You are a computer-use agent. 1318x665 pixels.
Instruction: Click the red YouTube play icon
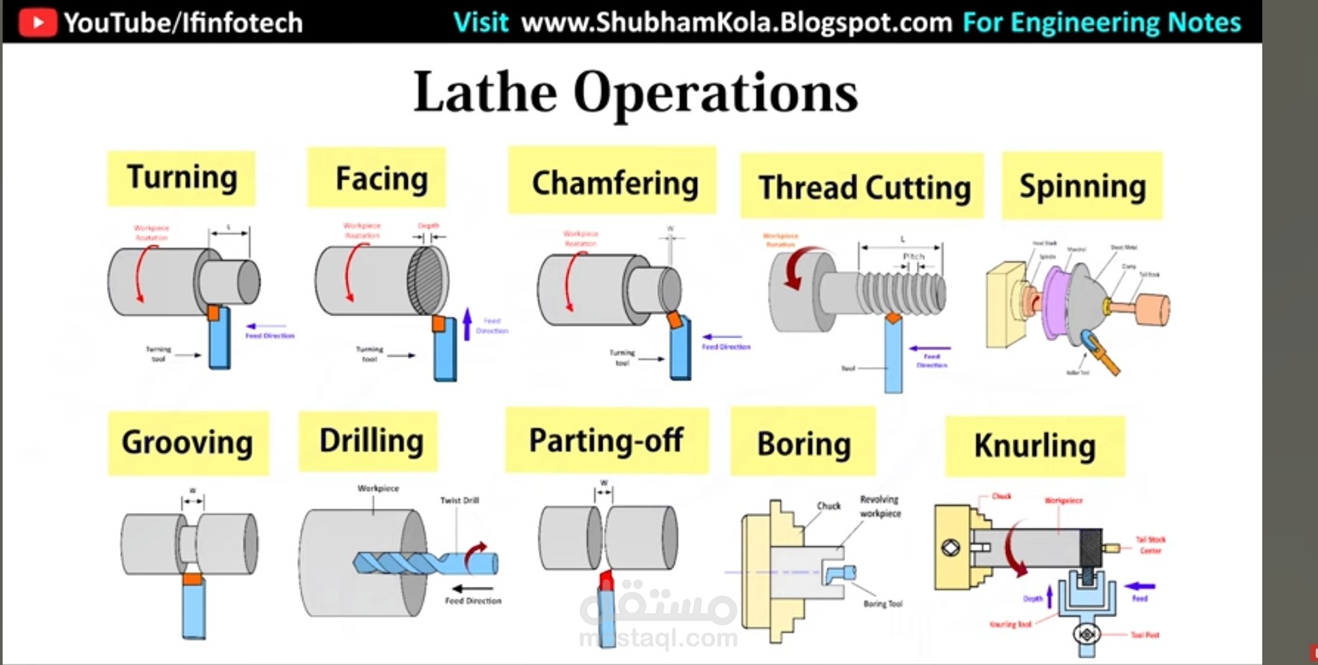[x=37, y=22]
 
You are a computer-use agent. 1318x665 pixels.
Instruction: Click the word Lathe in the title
[x=485, y=92]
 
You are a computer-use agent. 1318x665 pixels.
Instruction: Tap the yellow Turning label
[x=182, y=178]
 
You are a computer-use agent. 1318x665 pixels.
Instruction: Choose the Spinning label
[x=1082, y=186]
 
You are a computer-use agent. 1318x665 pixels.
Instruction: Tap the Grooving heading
[x=188, y=443]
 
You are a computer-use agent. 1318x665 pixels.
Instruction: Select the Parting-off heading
[x=607, y=441]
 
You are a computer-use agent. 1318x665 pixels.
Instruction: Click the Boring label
[x=803, y=444]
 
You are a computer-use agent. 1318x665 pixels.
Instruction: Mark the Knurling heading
[x=1035, y=446]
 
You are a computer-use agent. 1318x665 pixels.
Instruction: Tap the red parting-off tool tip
[x=607, y=580]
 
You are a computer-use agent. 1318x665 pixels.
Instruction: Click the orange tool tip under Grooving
[x=193, y=578]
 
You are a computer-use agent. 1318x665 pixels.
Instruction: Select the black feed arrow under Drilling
[x=473, y=588]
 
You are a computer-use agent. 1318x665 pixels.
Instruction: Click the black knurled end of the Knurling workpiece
[x=1091, y=548]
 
